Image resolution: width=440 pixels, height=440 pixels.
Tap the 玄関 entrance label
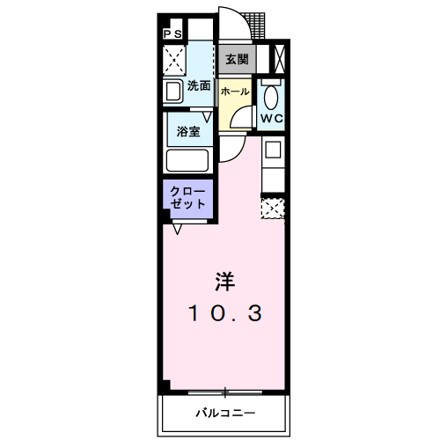[236, 60]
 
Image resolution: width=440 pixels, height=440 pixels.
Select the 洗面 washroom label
[199, 85]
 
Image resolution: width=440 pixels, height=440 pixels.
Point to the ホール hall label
[233, 92]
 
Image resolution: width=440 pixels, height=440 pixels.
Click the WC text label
[271, 116]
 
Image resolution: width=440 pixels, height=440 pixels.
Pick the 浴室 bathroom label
[187, 132]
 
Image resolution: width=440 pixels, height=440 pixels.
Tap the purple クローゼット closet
[187, 196]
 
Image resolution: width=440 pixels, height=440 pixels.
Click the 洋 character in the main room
[224, 282]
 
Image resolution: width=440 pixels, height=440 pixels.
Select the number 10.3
[224, 312]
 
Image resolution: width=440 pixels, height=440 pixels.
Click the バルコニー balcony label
[224, 413]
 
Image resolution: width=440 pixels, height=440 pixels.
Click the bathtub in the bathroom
[187, 161]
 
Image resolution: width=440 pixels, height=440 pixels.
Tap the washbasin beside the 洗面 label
[172, 92]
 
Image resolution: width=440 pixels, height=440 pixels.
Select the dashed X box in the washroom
[174, 60]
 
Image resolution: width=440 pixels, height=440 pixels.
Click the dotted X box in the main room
[273, 208]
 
